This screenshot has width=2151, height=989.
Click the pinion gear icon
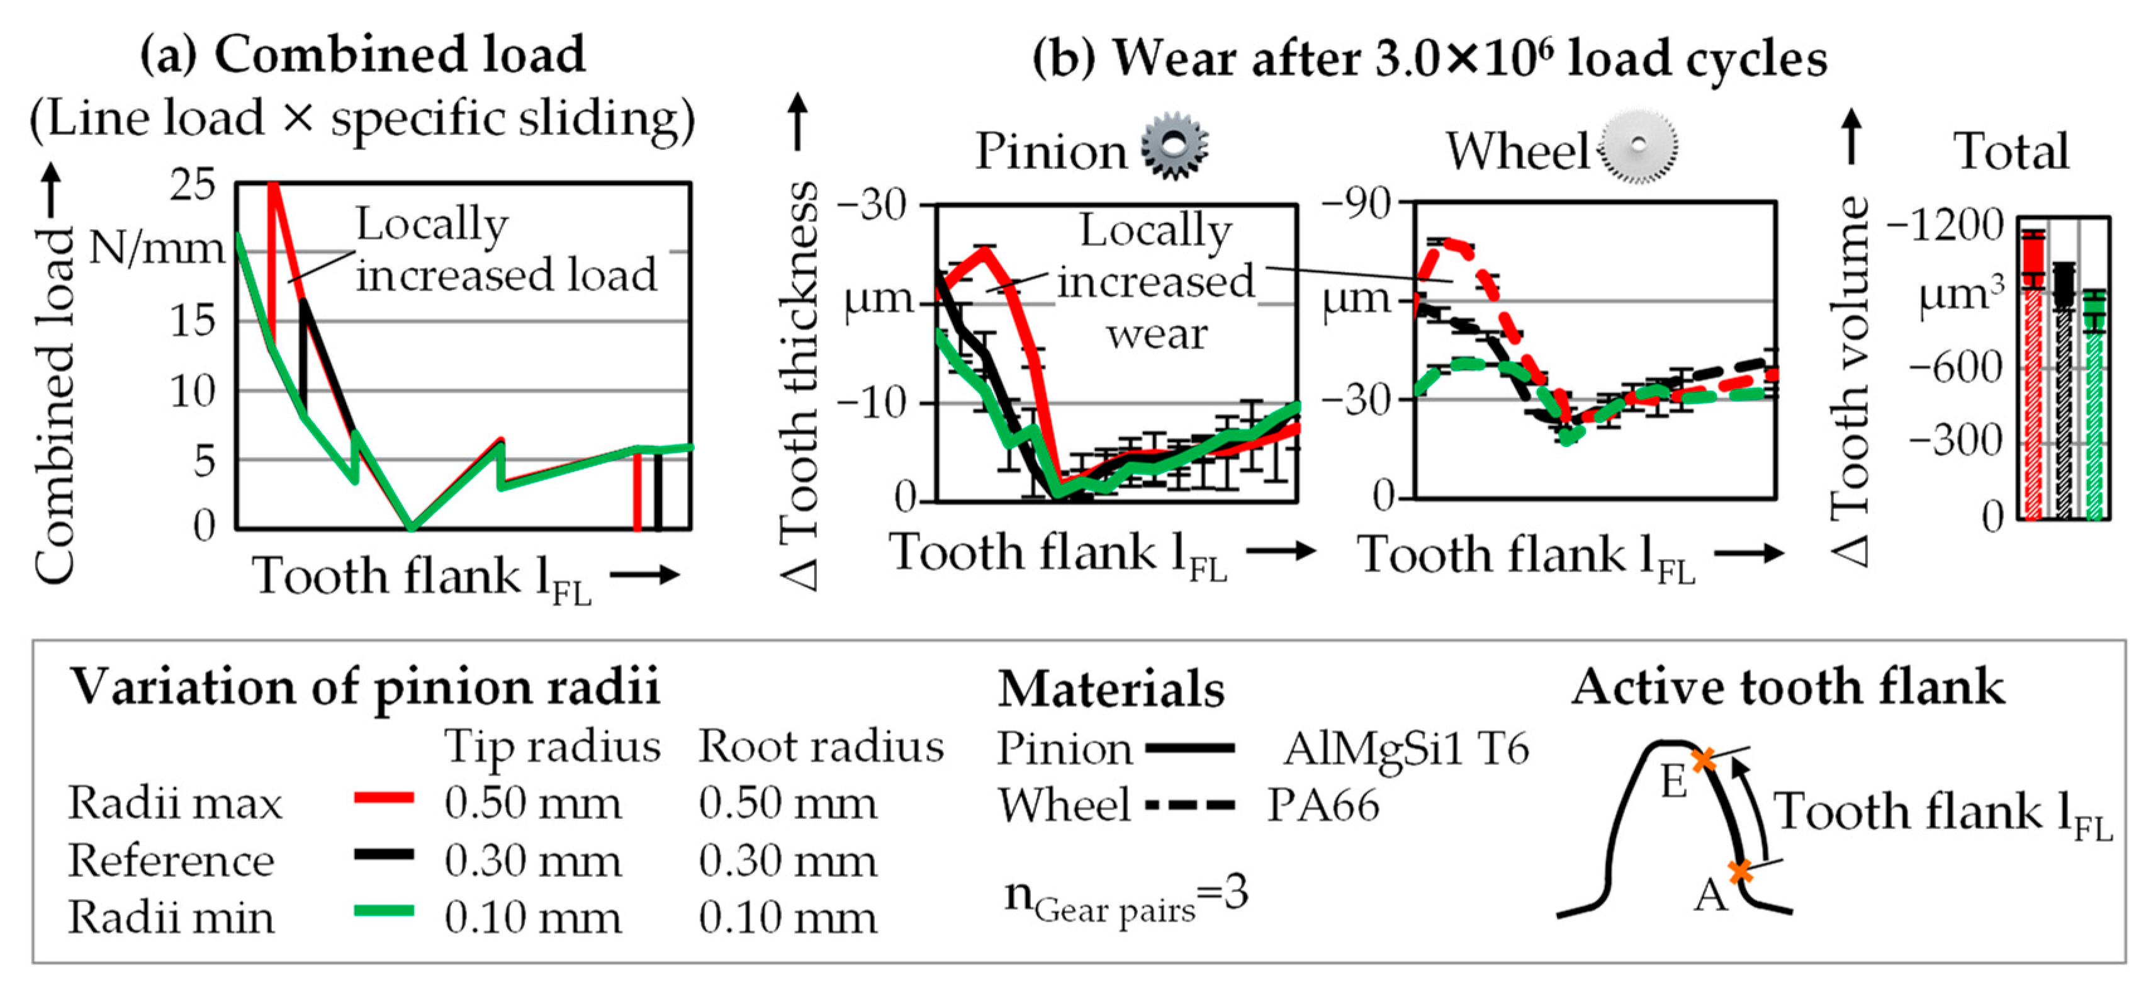tap(1174, 146)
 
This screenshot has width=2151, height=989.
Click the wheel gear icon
tap(1638, 146)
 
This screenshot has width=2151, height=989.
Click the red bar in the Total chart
tap(2033, 376)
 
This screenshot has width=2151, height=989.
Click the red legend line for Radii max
tap(384, 798)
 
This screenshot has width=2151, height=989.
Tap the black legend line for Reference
tap(384, 854)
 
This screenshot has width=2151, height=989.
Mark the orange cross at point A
tap(1739, 872)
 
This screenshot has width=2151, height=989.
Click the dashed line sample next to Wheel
tap(1190, 805)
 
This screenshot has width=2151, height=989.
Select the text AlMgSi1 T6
tap(1406, 749)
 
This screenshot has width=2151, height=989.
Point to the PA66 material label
tap(1323, 805)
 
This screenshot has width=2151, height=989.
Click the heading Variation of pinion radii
tap(364, 687)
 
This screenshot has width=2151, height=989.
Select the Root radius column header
tap(821, 746)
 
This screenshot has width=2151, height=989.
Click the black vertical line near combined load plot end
tap(658, 493)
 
